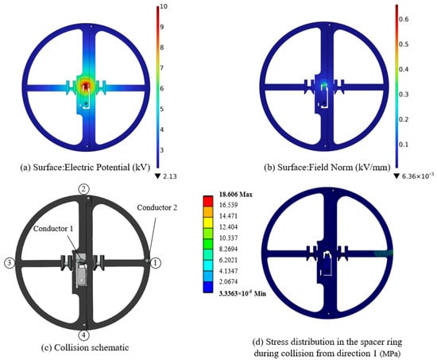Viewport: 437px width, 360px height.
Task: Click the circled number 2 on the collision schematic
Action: click(x=84, y=189)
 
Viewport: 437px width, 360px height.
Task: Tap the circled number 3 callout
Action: click(x=10, y=263)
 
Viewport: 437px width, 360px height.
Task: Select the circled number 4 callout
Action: click(x=84, y=335)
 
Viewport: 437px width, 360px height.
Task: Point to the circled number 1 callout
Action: click(x=156, y=263)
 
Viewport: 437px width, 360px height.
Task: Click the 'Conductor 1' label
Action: click(x=53, y=229)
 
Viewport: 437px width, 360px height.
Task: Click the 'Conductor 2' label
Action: click(x=157, y=207)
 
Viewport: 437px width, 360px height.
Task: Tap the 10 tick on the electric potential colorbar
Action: click(x=164, y=6)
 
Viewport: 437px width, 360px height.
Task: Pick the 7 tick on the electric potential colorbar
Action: click(x=161, y=68)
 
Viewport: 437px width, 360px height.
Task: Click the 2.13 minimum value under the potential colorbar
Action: click(x=170, y=176)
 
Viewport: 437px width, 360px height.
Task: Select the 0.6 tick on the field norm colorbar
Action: click(x=404, y=19)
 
